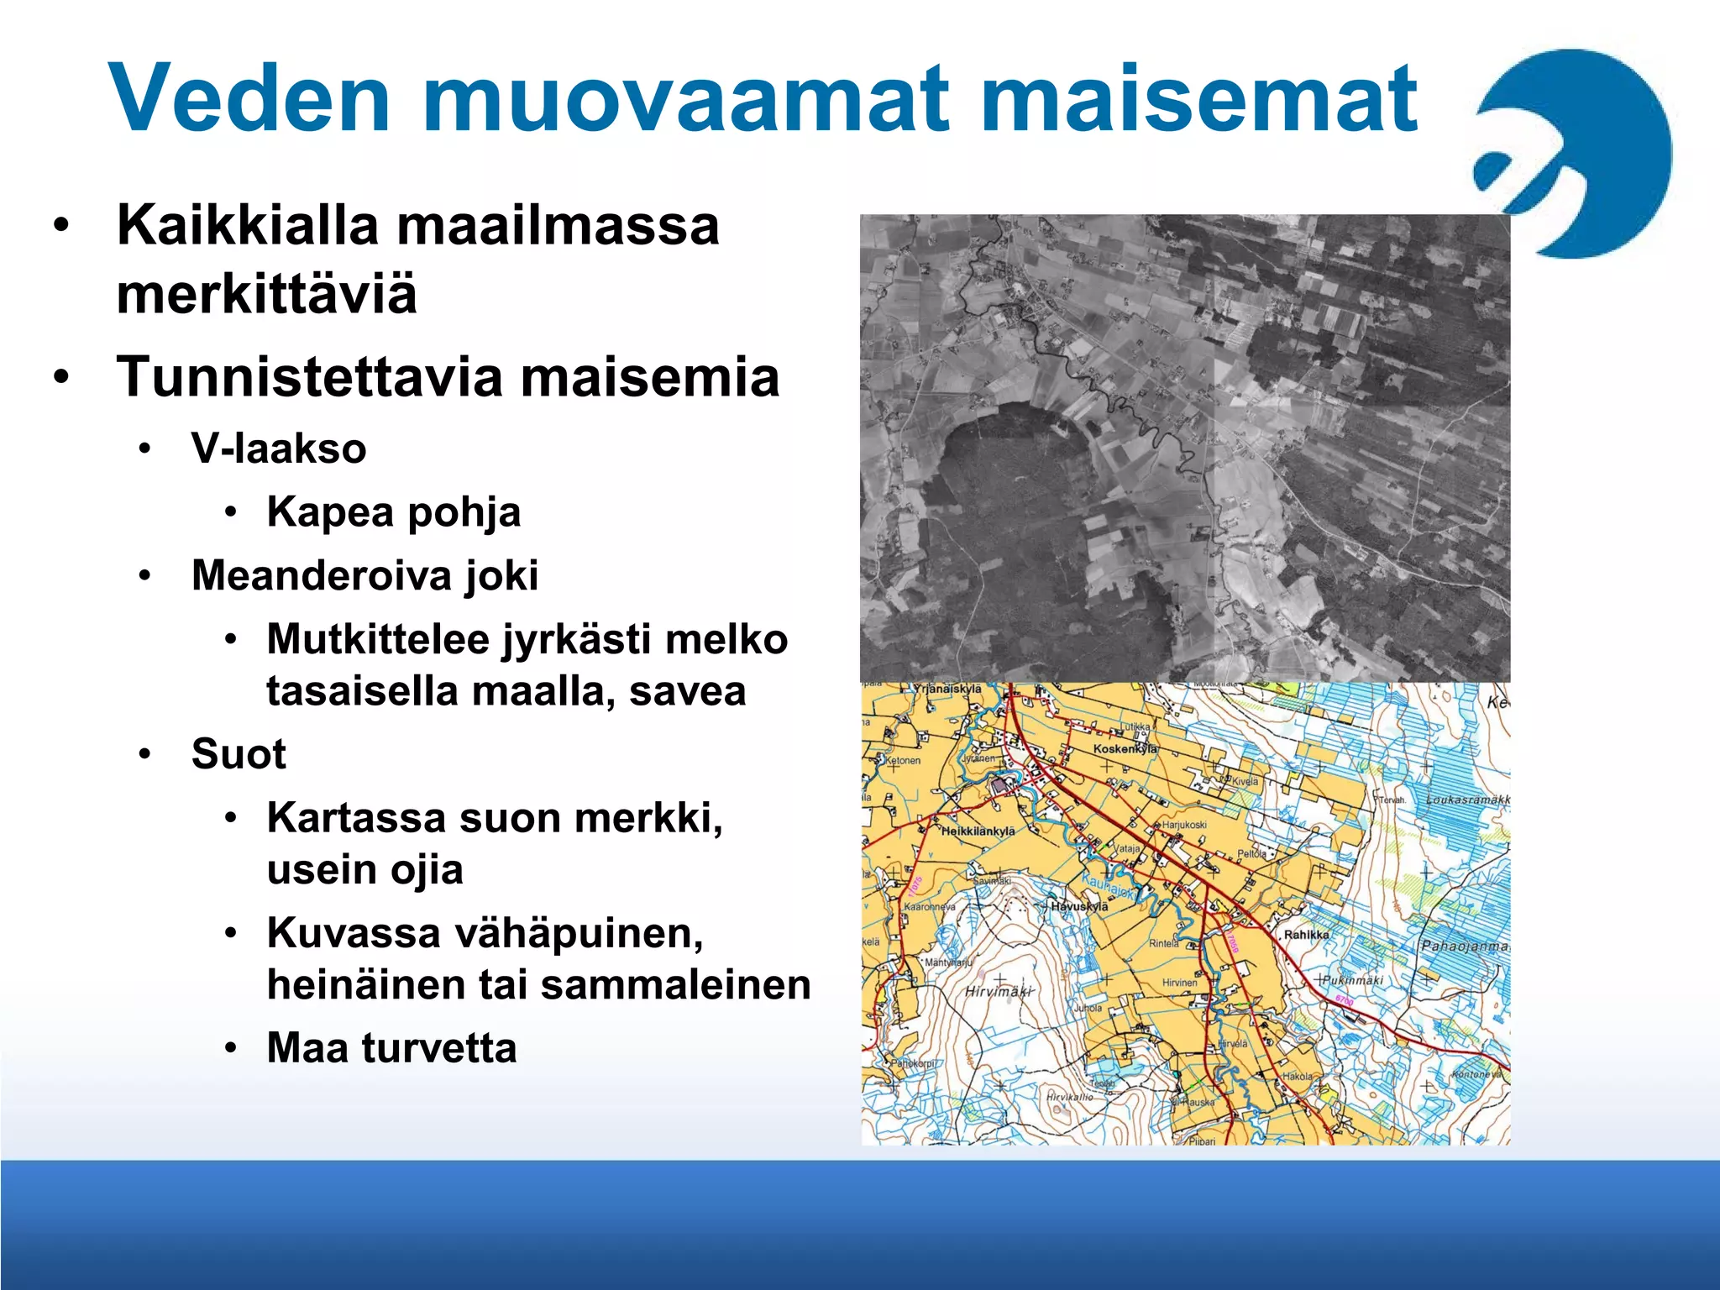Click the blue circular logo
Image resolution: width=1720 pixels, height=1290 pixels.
[1579, 151]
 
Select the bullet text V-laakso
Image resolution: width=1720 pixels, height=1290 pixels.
[279, 448]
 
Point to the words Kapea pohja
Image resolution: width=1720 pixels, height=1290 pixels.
[393, 512]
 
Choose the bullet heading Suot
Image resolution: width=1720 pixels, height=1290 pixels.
[239, 753]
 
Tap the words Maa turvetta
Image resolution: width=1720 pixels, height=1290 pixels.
[391, 1048]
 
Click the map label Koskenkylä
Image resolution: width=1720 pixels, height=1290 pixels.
[1125, 748]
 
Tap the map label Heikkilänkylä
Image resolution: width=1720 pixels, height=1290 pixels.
[977, 831]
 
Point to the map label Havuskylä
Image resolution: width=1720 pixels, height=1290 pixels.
[1079, 906]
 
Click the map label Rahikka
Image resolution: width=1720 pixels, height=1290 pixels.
[1306, 934]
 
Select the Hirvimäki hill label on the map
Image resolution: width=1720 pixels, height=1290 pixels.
[997, 992]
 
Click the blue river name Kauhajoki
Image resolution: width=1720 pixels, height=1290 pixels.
[1108, 887]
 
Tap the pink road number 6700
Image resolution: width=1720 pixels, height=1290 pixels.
[1344, 1001]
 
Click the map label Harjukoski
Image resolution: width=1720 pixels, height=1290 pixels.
[1184, 825]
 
